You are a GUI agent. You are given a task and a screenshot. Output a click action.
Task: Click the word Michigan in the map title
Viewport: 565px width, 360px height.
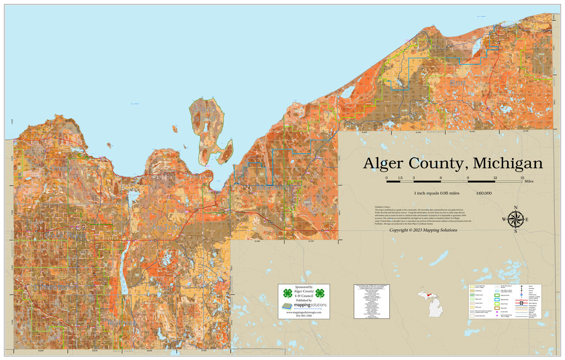508,163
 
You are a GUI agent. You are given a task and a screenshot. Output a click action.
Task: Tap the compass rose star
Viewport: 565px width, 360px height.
515,219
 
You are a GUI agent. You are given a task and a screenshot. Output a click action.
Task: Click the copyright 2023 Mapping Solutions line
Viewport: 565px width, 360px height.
423,230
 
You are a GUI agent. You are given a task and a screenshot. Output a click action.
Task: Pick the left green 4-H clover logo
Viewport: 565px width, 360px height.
287,293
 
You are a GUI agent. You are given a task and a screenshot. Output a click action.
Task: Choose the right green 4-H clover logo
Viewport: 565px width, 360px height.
320,293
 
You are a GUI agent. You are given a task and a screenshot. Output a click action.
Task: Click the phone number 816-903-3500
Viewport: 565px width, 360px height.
303,316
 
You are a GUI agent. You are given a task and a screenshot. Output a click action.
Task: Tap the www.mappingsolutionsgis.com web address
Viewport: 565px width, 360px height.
303,312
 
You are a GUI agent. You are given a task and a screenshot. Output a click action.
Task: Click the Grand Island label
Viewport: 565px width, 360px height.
204,113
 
